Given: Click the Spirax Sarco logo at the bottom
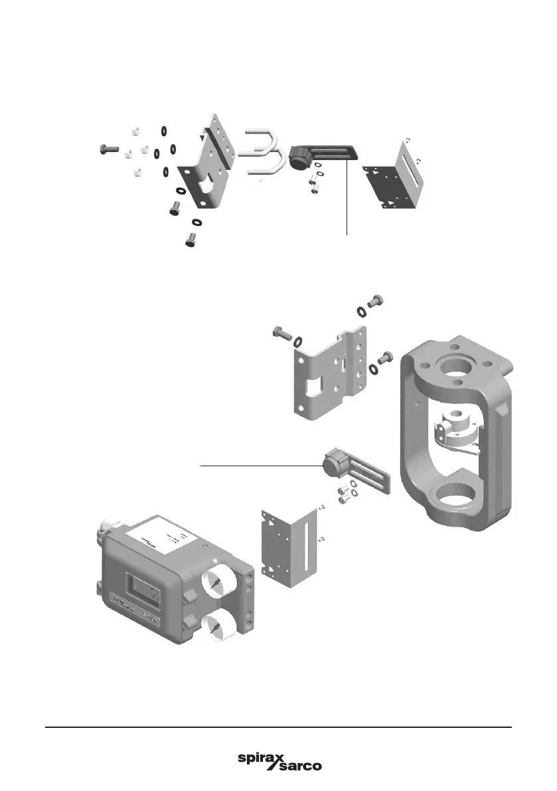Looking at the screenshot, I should coord(279,762).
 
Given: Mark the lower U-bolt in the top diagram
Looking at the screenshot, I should coord(267,164).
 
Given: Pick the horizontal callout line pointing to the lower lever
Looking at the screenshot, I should coord(259,467).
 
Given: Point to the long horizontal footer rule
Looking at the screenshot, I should coord(279,727).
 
